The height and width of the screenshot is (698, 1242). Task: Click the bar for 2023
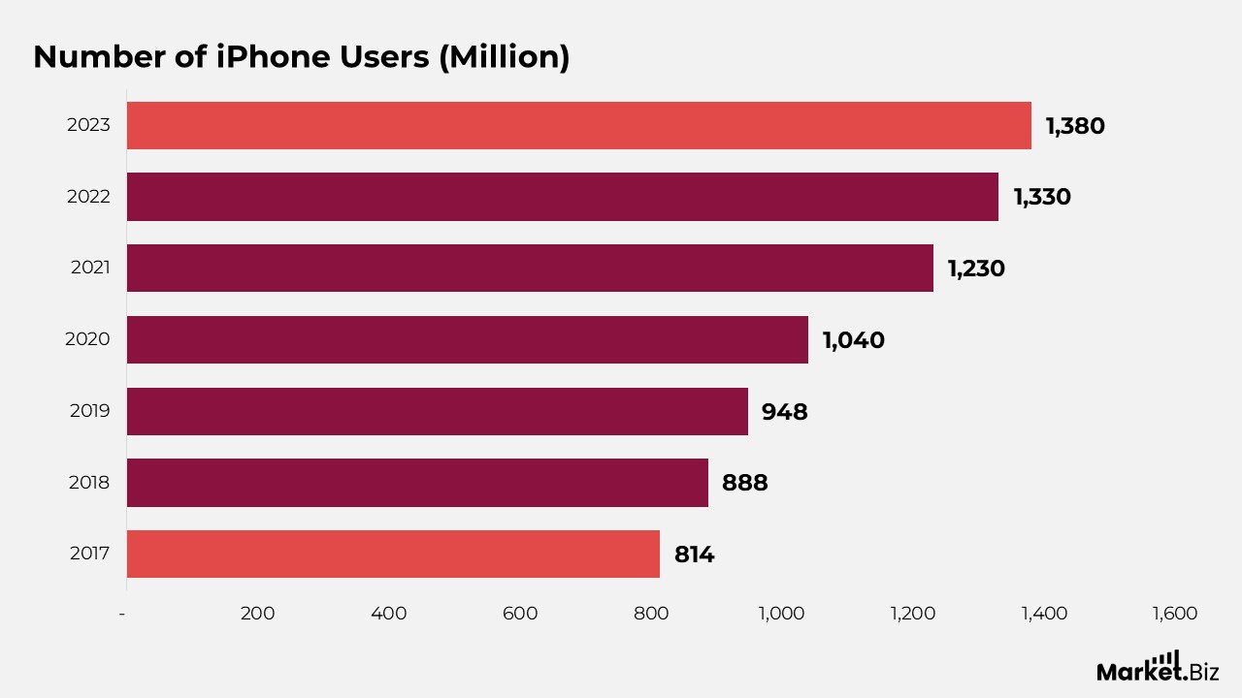(x=578, y=125)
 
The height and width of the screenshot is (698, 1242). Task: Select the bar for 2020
(x=467, y=339)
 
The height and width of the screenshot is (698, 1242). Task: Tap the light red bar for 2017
(x=393, y=554)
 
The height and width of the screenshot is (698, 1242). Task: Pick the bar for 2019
(x=437, y=411)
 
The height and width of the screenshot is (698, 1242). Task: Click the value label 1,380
(x=1074, y=126)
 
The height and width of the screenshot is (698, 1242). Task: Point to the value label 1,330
(x=1042, y=197)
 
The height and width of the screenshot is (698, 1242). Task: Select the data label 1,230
(x=976, y=269)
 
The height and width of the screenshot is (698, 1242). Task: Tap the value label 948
(x=784, y=412)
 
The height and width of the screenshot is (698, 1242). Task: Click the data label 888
(x=744, y=483)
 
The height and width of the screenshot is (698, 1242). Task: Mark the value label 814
(x=694, y=555)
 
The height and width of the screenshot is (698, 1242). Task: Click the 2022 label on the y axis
(x=88, y=197)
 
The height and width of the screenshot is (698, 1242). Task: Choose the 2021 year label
(x=89, y=269)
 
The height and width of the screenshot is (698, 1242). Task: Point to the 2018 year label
(x=89, y=483)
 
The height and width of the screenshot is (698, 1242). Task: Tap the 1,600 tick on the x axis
(x=1174, y=614)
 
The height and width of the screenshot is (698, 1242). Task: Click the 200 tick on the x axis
(x=257, y=614)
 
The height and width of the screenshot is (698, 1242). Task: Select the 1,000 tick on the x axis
(x=781, y=614)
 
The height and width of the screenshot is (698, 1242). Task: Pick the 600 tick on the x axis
(x=520, y=614)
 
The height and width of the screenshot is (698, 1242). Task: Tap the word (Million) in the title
(x=504, y=57)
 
